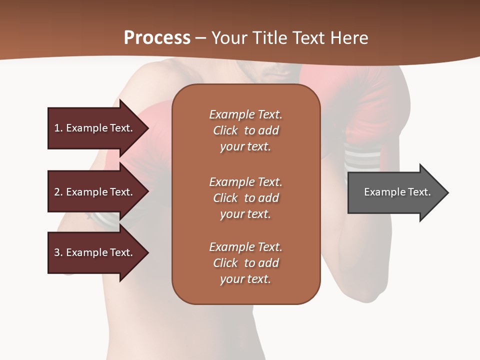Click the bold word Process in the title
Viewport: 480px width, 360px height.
pyautogui.click(x=157, y=38)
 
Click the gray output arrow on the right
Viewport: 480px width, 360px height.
pyautogui.click(x=395, y=192)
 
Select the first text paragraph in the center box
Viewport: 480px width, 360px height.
pyautogui.click(x=245, y=130)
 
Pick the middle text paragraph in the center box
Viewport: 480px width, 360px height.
pyautogui.click(x=245, y=198)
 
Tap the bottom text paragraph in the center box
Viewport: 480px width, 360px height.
pyautogui.click(x=245, y=263)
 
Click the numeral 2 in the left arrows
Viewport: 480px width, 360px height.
pyautogui.click(x=57, y=192)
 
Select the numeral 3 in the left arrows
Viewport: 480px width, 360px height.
pyautogui.click(x=57, y=252)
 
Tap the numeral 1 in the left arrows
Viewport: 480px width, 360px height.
pyautogui.click(x=57, y=128)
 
